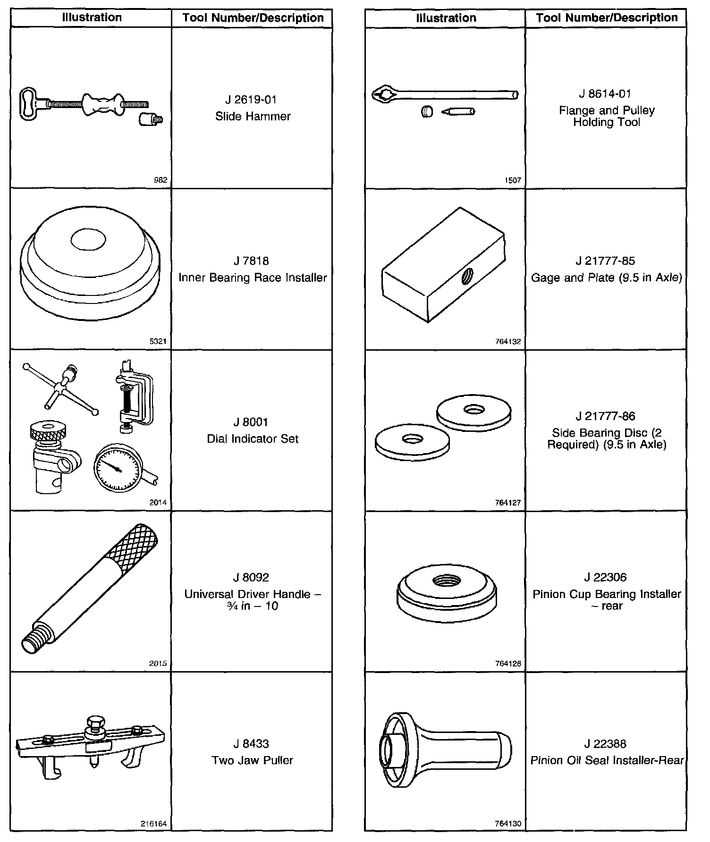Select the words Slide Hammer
click(x=253, y=117)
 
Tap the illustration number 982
click(x=161, y=180)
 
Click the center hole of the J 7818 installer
click(x=89, y=239)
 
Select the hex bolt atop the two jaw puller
click(x=93, y=723)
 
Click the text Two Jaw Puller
click(x=253, y=760)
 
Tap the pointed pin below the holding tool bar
click(x=458, y=112)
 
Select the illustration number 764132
click(x=508, y=341)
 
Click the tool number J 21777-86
click(x=606, y=416)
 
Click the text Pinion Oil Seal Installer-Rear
click(x=607, y=760)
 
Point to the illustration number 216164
click(x=154, y=824)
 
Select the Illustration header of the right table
click(x=446, y=18)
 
